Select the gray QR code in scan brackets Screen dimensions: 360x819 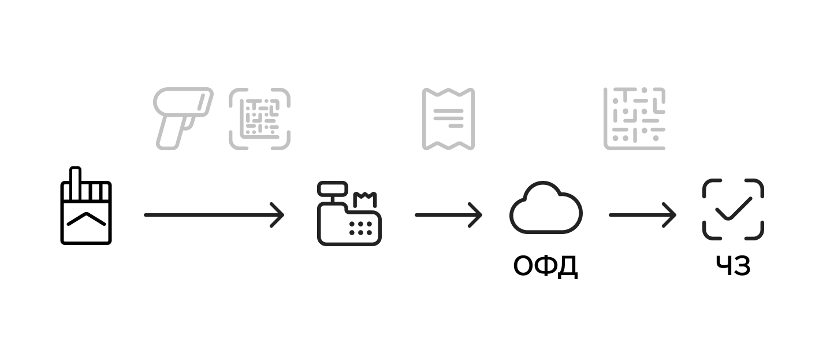pyautogui.click(x=259, y=118)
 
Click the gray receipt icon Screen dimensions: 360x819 pyautogui.click(x=448, y=118)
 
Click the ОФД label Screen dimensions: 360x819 pyautogui.click(x=545, y=266)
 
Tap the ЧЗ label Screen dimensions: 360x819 pyautogui.click(x=733, y=266)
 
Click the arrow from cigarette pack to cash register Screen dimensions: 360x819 pyautogui.click(x=214, y=215)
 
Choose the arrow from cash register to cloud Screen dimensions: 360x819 pyautogui.click(x=448, y=215)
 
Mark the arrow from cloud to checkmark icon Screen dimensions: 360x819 pyautogui.click(x=642, y=215)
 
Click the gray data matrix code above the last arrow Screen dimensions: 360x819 pyautogui.click(x=634, y=118)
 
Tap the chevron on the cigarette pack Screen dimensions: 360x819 pyautogui.click(x=86, y=219)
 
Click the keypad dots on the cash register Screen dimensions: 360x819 pyautogui.click(x=360, y=228)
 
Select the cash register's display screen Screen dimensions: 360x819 pyautogui.click(x=333, y=188)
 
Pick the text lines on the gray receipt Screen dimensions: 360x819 pyautogui.click(x=448, y=117)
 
